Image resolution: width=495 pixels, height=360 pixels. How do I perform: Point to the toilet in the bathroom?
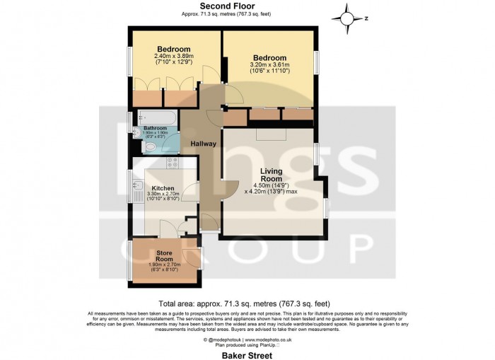click(150, 147)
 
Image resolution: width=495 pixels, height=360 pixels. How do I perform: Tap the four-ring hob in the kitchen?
click(173, 163)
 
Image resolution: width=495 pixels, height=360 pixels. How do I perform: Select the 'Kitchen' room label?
click(163, 188)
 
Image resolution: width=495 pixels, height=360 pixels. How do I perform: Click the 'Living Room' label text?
click(271, 175)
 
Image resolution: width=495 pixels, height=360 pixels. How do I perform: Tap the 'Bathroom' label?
click(155, 128)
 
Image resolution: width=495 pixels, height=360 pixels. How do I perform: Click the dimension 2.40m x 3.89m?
click(173, 57)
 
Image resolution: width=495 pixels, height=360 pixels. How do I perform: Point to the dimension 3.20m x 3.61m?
click(270, 65)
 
